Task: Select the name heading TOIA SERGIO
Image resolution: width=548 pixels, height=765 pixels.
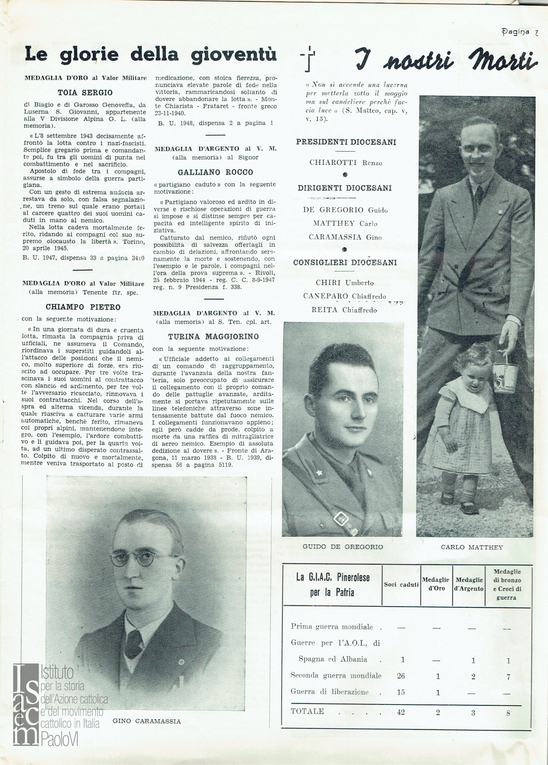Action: (85, 92)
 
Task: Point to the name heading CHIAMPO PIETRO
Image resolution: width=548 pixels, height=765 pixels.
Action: (83, 307)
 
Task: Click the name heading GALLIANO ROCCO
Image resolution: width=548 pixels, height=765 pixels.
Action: (215, 172)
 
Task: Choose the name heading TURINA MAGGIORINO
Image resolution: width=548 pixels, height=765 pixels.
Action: (214, 336)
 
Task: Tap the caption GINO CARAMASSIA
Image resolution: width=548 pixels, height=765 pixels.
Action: (147, 721)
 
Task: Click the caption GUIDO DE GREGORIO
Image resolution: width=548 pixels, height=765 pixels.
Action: (342, 546)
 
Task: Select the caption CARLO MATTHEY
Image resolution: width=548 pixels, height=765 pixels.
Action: (472, 547)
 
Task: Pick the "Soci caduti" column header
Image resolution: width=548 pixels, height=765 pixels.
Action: (401, 585)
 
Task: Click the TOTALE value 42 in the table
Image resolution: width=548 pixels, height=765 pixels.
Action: (401, 712)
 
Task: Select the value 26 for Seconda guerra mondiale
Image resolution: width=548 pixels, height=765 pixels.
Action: (401, 675)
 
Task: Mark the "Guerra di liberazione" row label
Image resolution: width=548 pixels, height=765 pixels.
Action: (329, 691)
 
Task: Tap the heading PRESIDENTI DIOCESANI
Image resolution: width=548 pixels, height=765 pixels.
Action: (346, 142)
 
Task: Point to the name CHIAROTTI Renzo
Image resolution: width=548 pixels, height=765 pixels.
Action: (345, 163)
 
